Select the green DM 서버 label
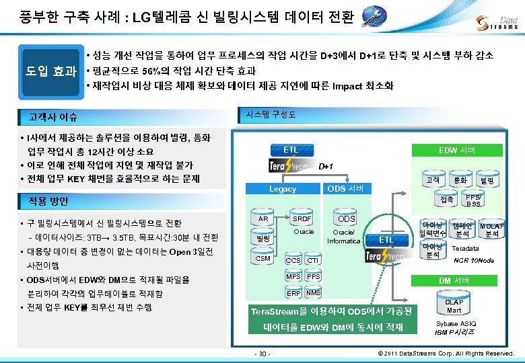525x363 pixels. (x=454, y=280)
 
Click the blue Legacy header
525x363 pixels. (x=282, y=189)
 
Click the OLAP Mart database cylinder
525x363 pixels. (x=454, y=307)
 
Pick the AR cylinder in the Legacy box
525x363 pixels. (x=263, y=219)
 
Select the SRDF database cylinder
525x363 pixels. (x=302, y=219)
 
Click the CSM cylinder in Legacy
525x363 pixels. (x=263, y=258)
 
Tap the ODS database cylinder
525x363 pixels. (x=346, y=219)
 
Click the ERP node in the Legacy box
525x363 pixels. (x=293, y=293)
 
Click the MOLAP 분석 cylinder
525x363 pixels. (x=493, y=231)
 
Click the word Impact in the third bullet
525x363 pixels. (x=347, y=86)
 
